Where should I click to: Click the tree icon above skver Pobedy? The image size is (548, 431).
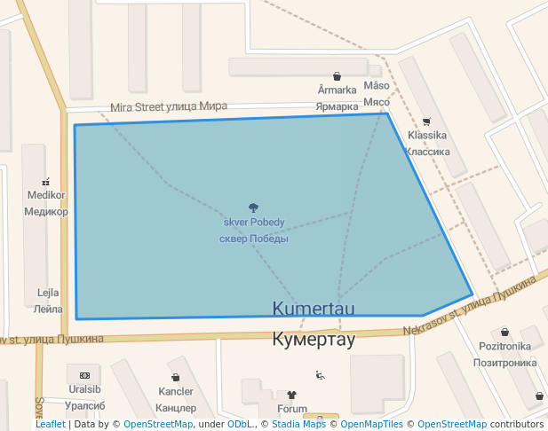254,208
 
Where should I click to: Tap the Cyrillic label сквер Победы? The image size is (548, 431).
254,238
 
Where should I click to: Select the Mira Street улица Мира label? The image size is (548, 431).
169,106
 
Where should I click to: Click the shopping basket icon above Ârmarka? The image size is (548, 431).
337,76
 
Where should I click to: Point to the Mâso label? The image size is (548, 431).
377,86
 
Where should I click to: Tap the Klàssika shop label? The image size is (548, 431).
426,136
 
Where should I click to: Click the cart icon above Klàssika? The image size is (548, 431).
426,121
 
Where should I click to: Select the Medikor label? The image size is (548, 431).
46,195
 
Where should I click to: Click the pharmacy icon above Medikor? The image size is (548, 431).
45,181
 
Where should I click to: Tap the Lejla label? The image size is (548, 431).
48,293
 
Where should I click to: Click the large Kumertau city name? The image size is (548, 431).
314,309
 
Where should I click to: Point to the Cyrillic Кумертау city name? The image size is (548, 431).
314,339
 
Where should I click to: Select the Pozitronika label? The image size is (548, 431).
504,346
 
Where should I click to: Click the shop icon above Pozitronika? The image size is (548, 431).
504,332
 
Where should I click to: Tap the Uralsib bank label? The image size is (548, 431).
84,389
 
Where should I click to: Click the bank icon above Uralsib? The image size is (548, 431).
84,375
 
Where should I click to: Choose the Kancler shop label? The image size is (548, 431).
175,391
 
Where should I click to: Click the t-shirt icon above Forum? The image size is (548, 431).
291,395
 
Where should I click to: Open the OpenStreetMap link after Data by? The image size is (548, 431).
158,425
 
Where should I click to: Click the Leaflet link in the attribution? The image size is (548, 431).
50,425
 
